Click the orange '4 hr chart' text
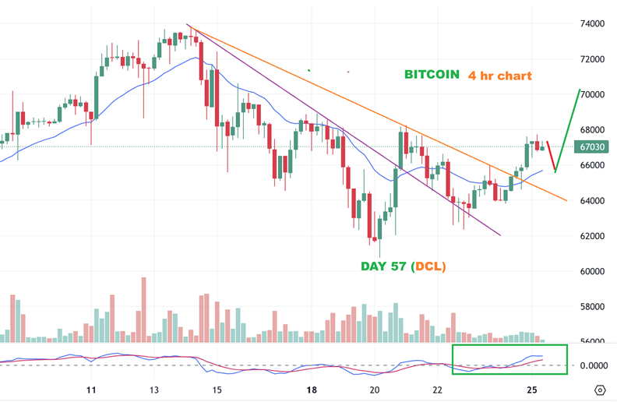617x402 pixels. point(500,76)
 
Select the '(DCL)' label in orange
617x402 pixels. point(429,266)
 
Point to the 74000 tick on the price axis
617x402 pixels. point(594,23)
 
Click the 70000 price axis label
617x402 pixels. point(594,94)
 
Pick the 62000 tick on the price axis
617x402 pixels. point(594,236)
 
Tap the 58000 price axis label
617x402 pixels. point(594,307)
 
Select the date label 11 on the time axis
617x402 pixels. point(91,390)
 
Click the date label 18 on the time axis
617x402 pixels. point(311,390)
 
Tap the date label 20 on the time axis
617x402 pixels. point(375,390)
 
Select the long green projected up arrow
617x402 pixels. point(569,129)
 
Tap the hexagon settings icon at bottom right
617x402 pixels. point(600,390)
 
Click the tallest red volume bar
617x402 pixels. point(143,309)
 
